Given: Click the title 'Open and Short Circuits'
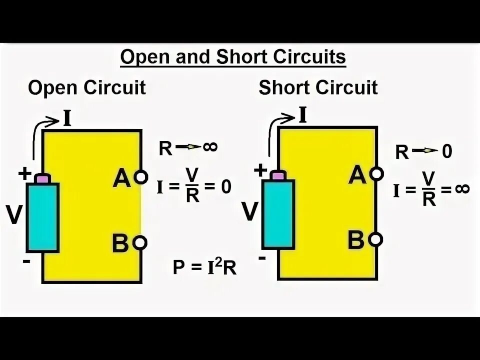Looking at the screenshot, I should point(233,57).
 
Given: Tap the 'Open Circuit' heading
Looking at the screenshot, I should point(87,87).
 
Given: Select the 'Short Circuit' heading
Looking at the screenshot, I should point(318,87).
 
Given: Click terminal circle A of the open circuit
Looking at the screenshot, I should point(141,176).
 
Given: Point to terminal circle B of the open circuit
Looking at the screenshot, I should point(141,243).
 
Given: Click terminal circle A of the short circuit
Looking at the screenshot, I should point(377,174).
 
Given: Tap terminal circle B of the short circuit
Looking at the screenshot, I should point(376,239).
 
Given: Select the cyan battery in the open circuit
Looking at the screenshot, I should point(43,216).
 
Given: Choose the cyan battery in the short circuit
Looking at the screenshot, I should point(278,214).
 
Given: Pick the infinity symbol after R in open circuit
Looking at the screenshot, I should point(210,146).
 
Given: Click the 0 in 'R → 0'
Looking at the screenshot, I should point(446,151).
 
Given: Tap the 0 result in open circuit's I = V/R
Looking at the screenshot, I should point(226,187).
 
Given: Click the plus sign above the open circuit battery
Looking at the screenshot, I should point(24,174).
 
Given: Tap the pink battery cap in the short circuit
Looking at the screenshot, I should point(278,175).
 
